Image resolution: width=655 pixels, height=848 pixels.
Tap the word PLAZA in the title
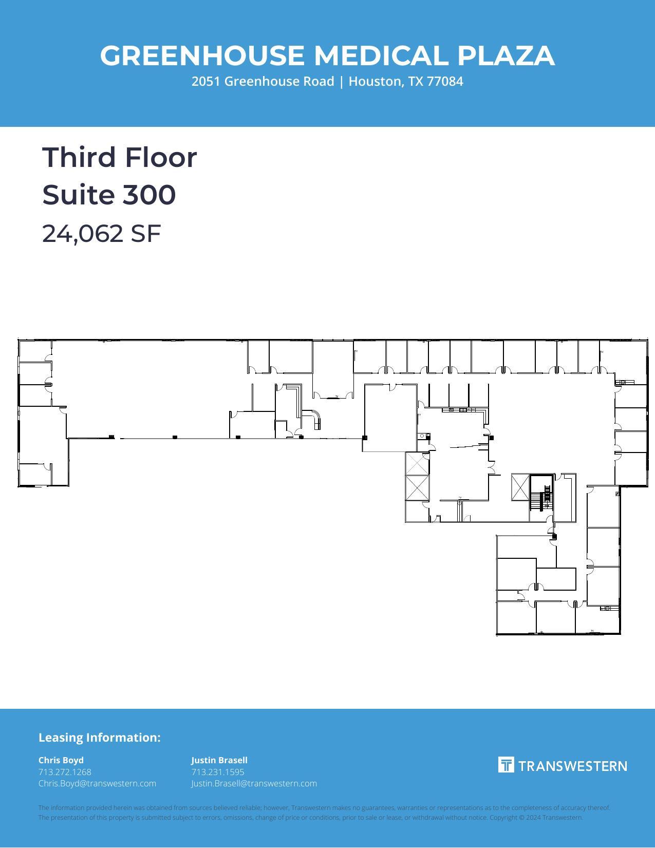point(506,55)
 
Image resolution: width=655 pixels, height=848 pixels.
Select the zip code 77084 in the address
point(445,81)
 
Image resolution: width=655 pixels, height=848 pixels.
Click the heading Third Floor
point(119,157)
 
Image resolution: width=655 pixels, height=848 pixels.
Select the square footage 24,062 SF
point(101,234)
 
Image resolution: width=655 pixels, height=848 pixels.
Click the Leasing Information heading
point(99,738)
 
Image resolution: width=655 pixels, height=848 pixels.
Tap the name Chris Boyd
point(61,760)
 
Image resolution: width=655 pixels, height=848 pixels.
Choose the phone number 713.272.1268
point(65,772)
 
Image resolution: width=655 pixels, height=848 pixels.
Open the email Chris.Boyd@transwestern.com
point(97,783)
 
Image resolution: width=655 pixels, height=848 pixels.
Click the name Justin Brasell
point(219,760)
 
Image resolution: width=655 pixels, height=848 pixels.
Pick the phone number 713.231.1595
point(218,772)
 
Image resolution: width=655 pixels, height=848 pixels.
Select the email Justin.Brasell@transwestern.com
point(254,783)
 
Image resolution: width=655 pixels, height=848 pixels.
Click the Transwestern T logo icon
point(506,765)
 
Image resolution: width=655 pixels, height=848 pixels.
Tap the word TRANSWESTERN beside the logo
point(572,766)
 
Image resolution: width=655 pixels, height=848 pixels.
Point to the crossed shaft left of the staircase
point(520,487)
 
